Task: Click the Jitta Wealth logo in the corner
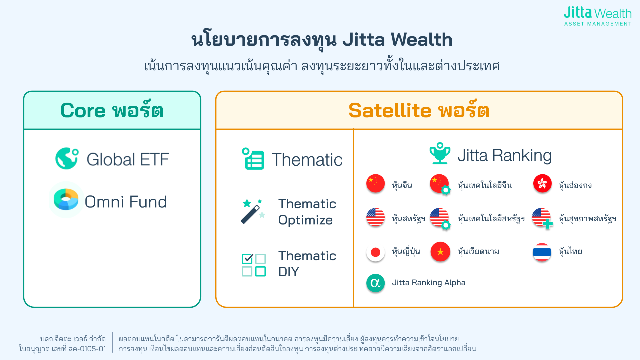pyautogui.click(x=598, y=16)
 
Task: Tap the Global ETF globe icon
pyautogui.click(x=67, y=158)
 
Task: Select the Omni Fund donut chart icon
pyautogui.click(x=66, y=199)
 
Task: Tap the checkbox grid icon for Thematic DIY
pyautogui.click(x=254, y=265)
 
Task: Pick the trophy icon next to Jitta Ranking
pyautogui.click(x=440, y=153)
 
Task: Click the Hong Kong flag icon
pyautogui.click(x=542, y=183)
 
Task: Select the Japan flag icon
pyautogui.click(x=376, y=252)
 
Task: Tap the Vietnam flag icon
pyautogui.click(x=440, y=251)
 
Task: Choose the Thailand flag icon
pyautogui.click(x=542, y=252)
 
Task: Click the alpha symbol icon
pyautogui.click(x=376, y=283)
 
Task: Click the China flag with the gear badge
pyautogui.click(x=440, y=184)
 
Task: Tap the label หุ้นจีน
pyautogui.click(x=402, y=185)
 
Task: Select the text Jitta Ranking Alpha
pyautogui.click(x=429, y=283)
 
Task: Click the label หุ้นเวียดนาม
pyautogui.click(x=478, y=251)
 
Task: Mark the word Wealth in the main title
pyautogui.click(x=422, y=39)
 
